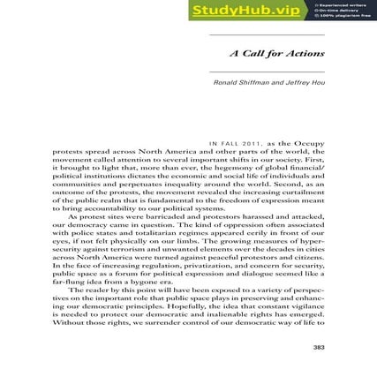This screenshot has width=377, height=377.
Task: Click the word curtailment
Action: pos(301,190)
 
